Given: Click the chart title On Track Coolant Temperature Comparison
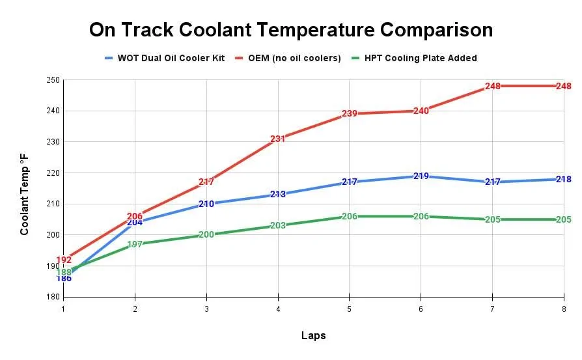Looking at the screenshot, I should pyautogui.click(x=290, y=30).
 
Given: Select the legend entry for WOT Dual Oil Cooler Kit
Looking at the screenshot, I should pyautogui.click(x=171, y=58).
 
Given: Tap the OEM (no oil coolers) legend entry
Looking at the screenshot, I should pyautogui.click(x=293, y=58).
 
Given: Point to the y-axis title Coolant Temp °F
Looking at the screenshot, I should pyautogui.click(x=24, y=194).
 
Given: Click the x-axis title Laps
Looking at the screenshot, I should pyautogui.click(x=313, y=336).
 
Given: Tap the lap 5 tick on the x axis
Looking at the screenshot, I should pyautogui.click(x=349, y=308).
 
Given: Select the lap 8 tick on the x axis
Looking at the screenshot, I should pyautogui.click(x=562, y=308).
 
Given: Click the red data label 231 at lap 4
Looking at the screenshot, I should pyautogui.click(x=278, y=139).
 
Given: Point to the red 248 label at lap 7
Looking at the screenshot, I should pyautogui.click(x=492, y=86).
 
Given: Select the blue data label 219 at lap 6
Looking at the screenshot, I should pyautogui.click(x=421, y=176).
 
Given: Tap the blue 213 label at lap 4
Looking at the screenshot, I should pyautogui.click(x=278, y=195).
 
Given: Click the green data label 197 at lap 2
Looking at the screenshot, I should pyautogui.click(x=135, y=244).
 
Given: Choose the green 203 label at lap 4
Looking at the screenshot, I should pyautogui.click(x=278, y=226).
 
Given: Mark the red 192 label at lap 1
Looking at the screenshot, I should pyautogui.click(x=64, y=260).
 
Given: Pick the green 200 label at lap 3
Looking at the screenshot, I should pyautogui.click(x=206, y=235).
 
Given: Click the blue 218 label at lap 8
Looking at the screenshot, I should pyautogui.click(x=563, y=179).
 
